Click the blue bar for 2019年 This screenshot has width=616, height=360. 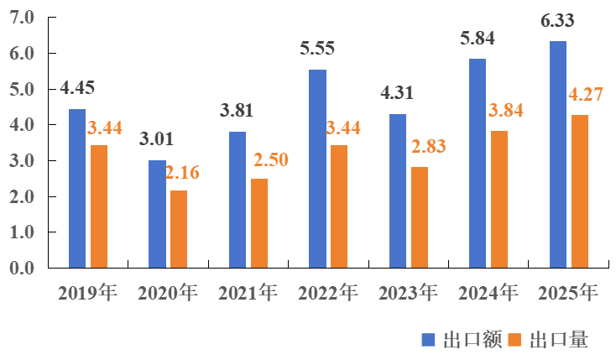point(77,189)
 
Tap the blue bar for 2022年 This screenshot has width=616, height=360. point(317,169)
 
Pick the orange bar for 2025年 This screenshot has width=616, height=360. point(579,191)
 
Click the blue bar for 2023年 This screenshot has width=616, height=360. point(398,191)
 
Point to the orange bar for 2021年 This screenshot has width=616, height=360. point(259,223)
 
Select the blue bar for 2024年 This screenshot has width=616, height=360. point(478,164)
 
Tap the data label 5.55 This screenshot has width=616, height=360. point(317,49)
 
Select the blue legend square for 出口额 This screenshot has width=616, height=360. point(427,339)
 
